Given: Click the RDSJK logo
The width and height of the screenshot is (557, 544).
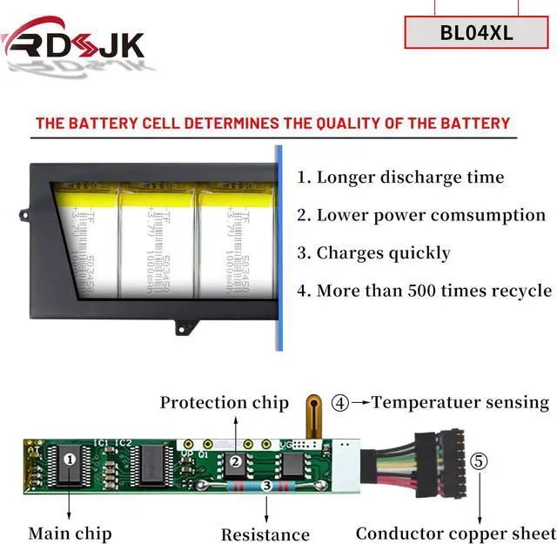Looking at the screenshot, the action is [73, 44].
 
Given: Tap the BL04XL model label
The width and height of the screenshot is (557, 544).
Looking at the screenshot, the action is [476, 34].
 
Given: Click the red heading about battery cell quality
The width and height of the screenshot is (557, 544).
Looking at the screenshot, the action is [272, 123].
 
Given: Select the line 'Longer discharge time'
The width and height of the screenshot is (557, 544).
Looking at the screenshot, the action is [400, 178].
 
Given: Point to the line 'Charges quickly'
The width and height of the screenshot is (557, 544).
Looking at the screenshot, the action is [373, 253].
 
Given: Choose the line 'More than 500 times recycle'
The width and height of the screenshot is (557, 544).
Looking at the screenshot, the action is [424, 291].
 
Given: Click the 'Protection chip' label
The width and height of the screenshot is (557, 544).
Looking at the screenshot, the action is [224, 403].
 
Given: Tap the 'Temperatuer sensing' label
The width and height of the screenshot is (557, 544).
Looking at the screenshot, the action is [460, 402].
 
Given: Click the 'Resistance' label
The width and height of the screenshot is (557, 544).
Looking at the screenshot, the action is [265, 534].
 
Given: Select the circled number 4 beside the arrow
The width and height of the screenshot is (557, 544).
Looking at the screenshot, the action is [340, 403].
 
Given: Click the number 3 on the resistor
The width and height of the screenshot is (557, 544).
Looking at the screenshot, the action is [267, 484].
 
